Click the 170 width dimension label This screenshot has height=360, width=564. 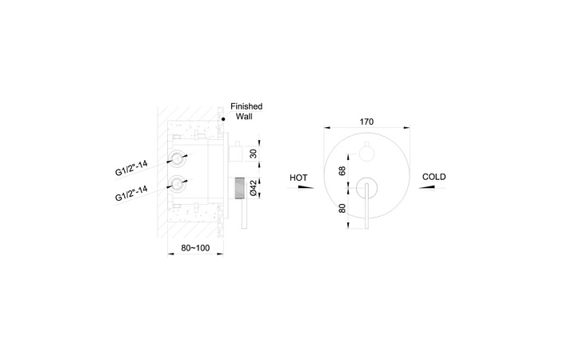(x=366, y=122)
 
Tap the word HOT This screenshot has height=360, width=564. (x=298, y=178)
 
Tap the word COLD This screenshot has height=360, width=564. (x=434, y=177)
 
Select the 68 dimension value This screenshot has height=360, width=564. (x=342, y=170)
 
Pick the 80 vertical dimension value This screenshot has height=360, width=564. (x=342, y=208)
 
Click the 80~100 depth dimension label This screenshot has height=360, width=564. (x=195, y=248)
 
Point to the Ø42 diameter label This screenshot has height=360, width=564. (x=254, y=188)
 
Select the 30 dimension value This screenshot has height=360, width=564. (x=254, y=154)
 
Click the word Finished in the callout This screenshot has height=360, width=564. (x=246, y=106)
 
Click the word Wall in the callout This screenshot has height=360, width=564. (x=244, y=117)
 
